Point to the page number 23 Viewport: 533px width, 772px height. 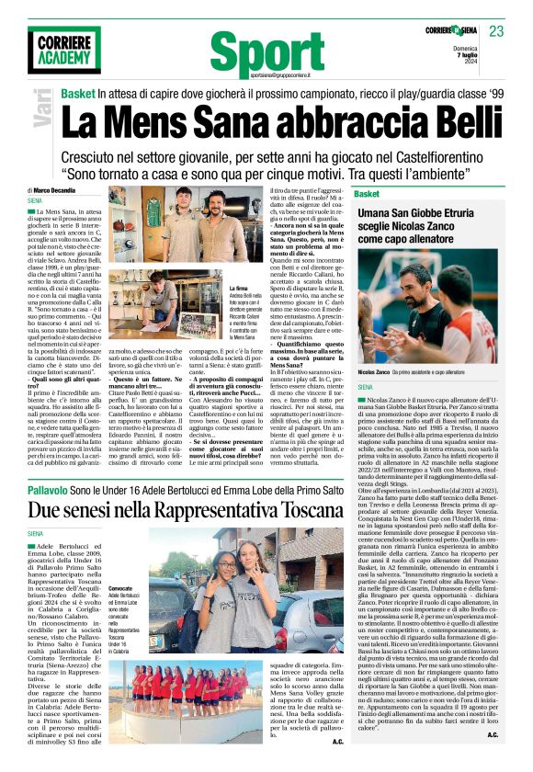point(496,31)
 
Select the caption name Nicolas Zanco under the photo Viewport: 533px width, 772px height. point(373,370)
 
